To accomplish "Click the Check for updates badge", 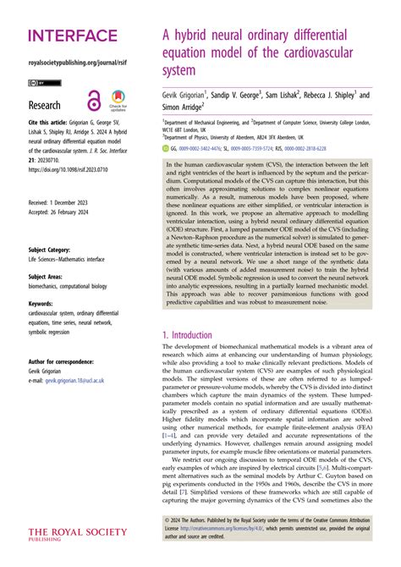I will click(118, 100).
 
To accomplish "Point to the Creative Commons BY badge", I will click(38, 83).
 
